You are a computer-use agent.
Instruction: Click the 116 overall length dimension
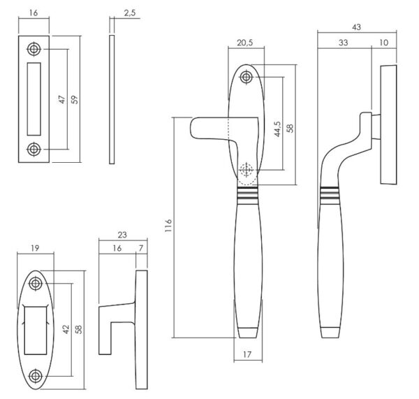point(168,225)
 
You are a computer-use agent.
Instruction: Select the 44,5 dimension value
point(278,129)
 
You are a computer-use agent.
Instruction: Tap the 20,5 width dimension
point(245,43)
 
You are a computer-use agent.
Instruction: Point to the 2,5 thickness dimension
point(130,13)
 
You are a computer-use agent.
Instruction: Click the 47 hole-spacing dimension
point(61,99)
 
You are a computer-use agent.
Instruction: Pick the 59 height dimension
point(75,99)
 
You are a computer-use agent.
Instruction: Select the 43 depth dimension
point(356,27)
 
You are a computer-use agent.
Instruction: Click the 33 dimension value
point(343,43)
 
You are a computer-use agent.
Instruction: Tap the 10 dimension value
point(383,43)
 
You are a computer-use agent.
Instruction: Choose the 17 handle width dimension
point(247,354)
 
